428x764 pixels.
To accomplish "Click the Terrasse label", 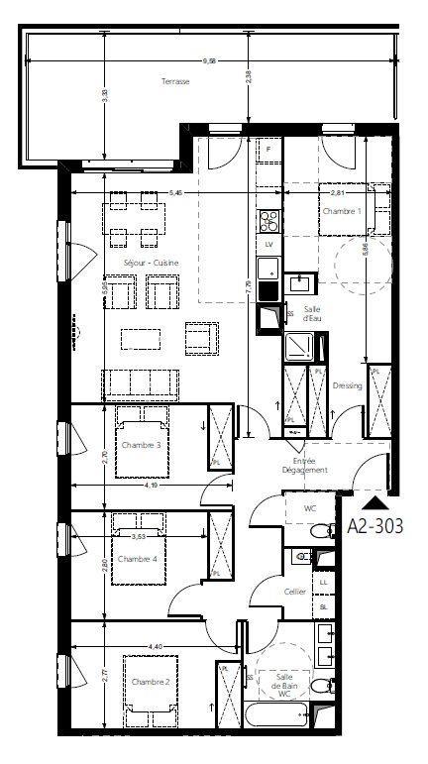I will point(175,82).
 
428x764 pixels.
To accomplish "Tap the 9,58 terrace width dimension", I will point(209,61).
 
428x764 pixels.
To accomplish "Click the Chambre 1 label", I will point(340,211).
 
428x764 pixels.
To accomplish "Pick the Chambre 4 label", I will point(137,560).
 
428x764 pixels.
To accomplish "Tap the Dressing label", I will point(347,385).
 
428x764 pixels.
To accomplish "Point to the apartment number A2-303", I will point(375,526).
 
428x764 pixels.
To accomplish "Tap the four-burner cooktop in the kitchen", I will point(267,219).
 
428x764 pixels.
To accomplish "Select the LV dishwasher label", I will point(267,243).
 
